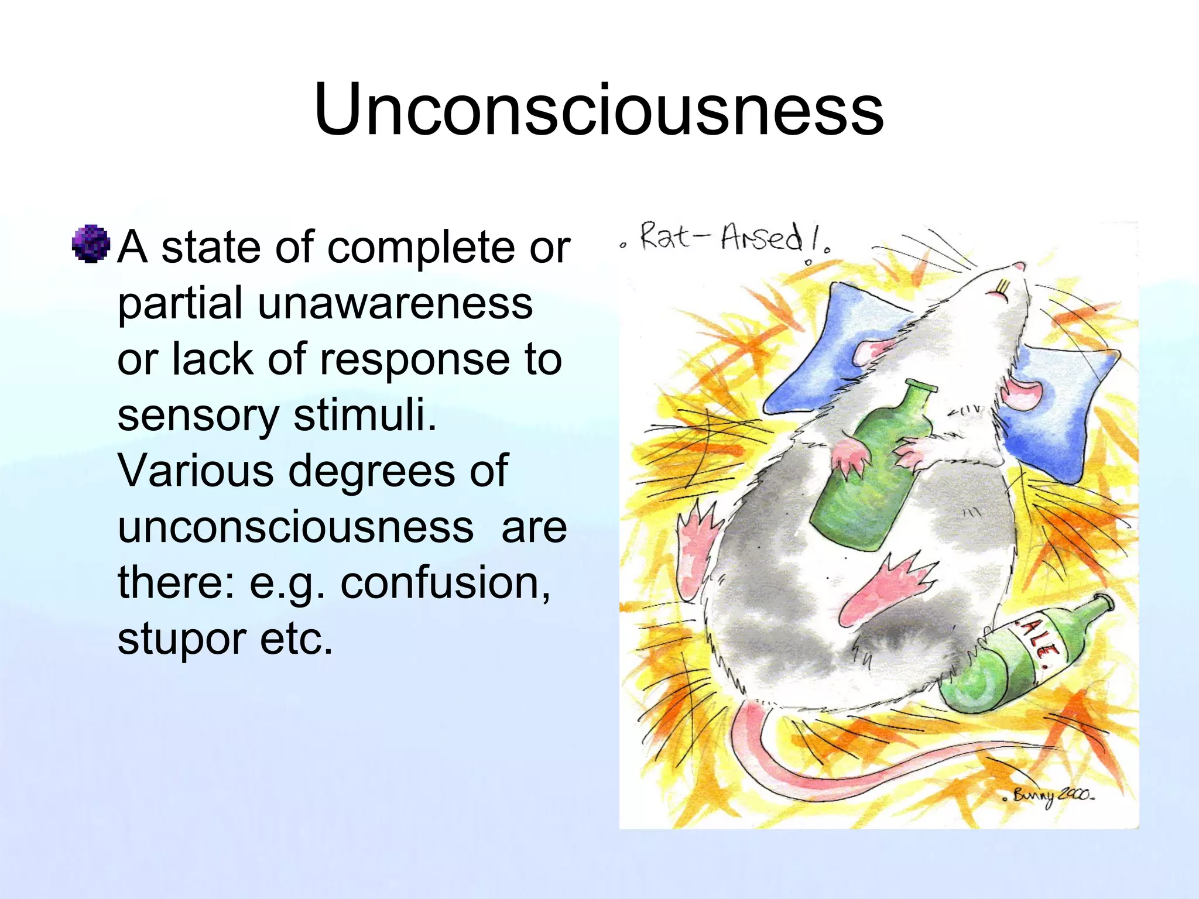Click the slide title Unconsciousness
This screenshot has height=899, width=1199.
tap(598, 109)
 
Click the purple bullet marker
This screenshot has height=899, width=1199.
tap(91, 243)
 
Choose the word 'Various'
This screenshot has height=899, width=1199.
tap(196, 471)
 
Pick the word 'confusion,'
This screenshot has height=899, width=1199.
tap(446, 583)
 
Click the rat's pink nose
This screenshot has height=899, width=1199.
tap(1019, 267)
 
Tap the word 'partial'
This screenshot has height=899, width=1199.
tap(180, 303)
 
